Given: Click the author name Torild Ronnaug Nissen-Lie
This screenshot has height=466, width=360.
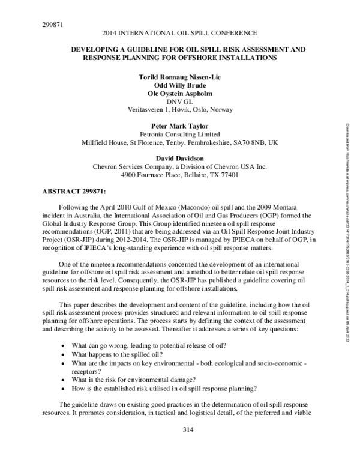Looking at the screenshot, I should pyautogui.click(x=180, y=78).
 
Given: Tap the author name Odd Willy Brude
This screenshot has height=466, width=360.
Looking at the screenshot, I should pyautogui.click(x=180, y=86).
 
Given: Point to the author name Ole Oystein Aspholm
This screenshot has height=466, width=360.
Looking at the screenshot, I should pyautogui.click(x=180, y=94).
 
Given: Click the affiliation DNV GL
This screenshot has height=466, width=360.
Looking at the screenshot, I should pyautogui.click(x=180, y=101).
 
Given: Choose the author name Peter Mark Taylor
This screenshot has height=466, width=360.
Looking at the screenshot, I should pyautogui.click(x=180, y=127).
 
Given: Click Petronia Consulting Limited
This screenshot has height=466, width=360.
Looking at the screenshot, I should pyautogui.click(x=180, y=135).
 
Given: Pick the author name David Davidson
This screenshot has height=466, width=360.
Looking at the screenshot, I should pyautogui.click(x=180, y=159).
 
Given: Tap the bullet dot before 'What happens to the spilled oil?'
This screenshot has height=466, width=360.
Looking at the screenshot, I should pyautogui.click(x=64, y=355).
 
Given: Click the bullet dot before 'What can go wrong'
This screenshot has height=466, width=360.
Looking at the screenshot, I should pyautogui.click(x=64, y=346).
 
